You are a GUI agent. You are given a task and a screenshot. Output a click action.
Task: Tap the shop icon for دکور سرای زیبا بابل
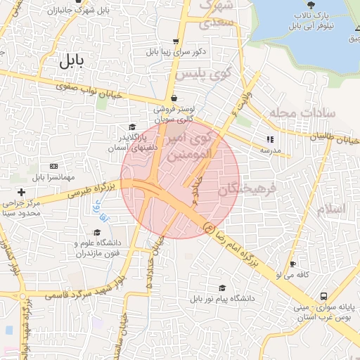tap(175, 41)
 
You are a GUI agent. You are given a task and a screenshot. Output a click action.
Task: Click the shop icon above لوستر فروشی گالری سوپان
tap(173, 98)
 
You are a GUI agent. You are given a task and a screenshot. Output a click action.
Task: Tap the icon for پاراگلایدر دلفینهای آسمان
tap(133, 126)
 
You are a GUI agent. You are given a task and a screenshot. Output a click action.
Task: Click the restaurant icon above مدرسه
tap(271, 139)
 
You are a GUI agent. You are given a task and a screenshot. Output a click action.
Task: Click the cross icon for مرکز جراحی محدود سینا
tap(22, 192)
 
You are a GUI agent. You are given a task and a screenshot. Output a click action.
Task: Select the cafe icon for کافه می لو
tap(292, 264)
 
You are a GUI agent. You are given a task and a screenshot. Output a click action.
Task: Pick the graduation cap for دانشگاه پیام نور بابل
tap(222, 288)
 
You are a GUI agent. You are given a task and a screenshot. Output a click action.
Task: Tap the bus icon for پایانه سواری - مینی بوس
tap(323, 296)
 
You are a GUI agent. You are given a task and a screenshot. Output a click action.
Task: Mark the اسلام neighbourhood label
tap(330, 210)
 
